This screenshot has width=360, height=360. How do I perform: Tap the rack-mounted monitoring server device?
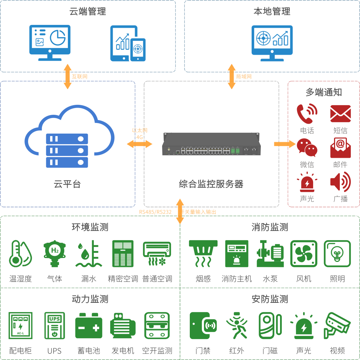[211, 144]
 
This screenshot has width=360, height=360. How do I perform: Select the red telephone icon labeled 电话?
[307, 114]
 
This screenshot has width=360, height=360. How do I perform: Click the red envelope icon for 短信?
[340, 114]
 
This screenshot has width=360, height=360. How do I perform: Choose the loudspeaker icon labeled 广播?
[340, 182]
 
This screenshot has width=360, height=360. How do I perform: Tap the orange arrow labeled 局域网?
[232, 76]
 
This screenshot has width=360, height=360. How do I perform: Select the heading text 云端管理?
[87, 11]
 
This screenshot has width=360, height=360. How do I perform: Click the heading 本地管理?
[272, 11]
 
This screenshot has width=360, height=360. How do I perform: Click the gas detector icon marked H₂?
[54, 254]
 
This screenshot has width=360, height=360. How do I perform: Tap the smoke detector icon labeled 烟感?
[203, 254]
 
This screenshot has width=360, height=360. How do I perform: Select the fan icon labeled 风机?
[303, 254]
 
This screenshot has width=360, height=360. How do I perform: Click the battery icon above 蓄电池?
[88, 326]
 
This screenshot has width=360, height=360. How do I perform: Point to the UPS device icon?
[54, 326]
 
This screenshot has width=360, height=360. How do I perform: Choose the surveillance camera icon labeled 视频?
[337, 326]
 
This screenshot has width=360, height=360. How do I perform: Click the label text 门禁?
[203, 351]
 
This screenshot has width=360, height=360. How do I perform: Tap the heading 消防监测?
[270, 227]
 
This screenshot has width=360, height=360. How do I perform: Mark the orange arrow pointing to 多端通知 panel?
[284, 144]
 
